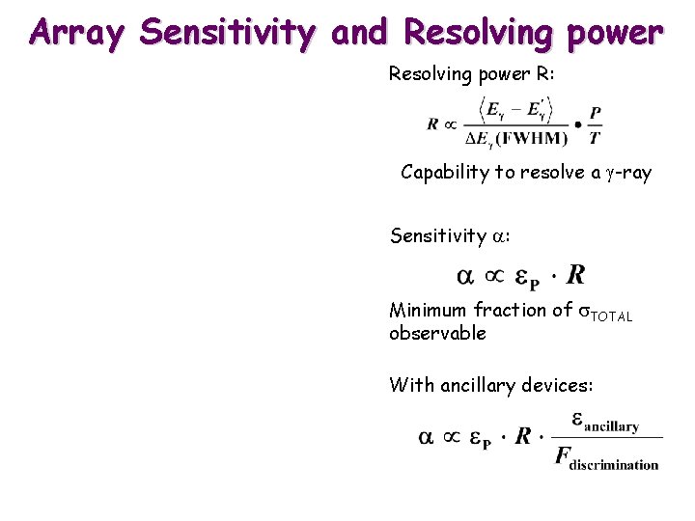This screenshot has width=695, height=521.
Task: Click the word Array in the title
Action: coord(78,34)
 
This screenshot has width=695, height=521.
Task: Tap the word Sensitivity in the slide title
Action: coord(228,34)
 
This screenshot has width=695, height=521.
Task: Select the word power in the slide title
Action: coord(614,34)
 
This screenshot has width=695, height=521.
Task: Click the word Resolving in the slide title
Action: coord(477,34)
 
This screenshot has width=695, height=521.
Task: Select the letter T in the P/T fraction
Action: coord(596,138)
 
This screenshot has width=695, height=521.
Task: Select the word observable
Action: coord(437,334)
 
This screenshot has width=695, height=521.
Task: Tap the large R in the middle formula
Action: coord(575,275)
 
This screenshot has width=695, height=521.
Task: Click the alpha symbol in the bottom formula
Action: coord(426,437)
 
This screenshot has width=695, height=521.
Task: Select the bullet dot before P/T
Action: coord(577,125)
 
